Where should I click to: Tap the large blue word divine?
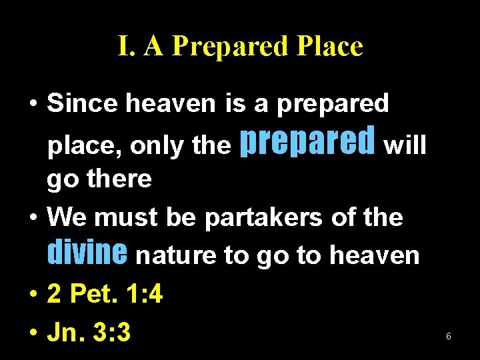pos(87,253)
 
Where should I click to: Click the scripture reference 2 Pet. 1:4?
pos(105,294)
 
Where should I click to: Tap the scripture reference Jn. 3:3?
pos(89,331)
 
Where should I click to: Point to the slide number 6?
pos(449,337)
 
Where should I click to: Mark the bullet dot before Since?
pos(32,105)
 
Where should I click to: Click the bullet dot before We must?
pos(32,218)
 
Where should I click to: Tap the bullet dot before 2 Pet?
pos(32,295)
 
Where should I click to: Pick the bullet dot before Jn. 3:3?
pos(32,332)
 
